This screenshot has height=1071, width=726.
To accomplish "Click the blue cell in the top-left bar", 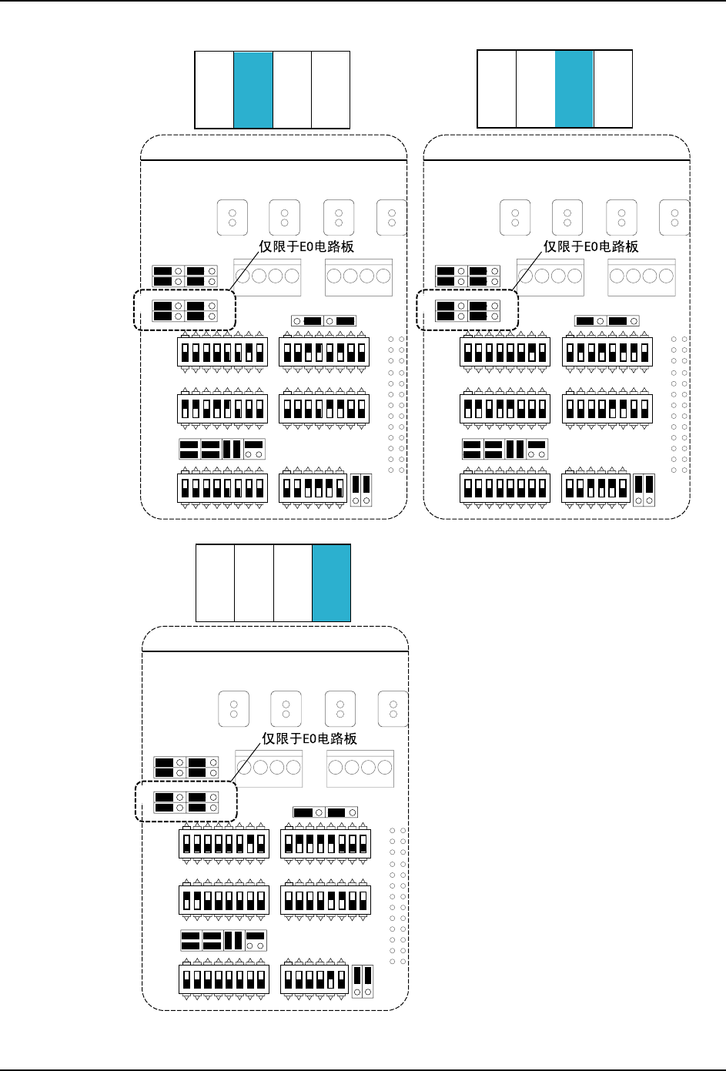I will pyautogui.click(x=253, y=90).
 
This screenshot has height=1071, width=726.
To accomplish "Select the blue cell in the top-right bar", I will pyautogui.click(x=574, y=89).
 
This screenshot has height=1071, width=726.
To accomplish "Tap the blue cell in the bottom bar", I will pyautogui.click(x=331, y=583).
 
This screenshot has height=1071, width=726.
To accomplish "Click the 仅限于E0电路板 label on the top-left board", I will pyautogui.click(x=306, y=246).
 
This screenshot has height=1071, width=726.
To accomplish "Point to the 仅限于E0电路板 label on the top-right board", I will pyautogui.click(x=591, y=246).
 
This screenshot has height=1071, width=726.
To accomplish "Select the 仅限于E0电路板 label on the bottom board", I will pyautogui.click(x=309, y=738).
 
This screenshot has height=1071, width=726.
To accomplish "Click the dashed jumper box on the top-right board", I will pyautogui.click(x=467, y=310).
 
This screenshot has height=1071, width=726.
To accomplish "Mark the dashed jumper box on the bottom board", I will pyautogui.click(x=186, y=802).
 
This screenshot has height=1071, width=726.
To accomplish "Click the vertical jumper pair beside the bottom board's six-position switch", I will pyautogui.click(x=363, y=981).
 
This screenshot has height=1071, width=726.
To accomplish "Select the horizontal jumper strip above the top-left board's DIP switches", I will pyautogui.click(x=323, y=320).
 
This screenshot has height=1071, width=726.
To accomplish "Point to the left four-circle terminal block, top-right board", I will pyautogui.click(x=550, y=276).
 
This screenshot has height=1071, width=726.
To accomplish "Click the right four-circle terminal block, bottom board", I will pyautogui.click(x=360, y=768).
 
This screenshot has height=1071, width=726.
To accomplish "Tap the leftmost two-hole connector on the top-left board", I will pyautogui.click(x=233, y=218).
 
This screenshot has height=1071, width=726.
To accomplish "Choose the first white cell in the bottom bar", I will pyautogui.click(x=215, y=583).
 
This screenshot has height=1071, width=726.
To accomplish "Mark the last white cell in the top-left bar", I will pyautogui.click(x=330, y=90).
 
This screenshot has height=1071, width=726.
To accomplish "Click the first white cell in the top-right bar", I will pyautogui.click(x=497, y=89).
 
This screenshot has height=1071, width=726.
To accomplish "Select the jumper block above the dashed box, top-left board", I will pyautogui.click(x=185, y=276).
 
